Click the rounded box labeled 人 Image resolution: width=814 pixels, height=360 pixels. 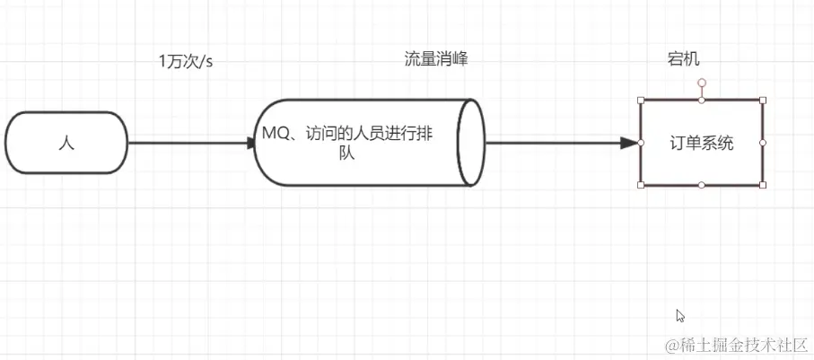66,142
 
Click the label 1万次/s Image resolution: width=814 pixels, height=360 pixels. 186,61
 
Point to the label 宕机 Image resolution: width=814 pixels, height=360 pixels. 683,59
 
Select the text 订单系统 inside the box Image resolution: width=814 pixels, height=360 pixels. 701,143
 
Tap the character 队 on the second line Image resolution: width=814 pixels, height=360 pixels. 347,154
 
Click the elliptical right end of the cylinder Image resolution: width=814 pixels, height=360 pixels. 470,142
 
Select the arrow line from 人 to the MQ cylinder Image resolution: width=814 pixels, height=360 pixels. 188,142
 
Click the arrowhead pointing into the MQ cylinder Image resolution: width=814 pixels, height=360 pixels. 252,142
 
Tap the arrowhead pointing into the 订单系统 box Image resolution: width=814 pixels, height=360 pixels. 629,142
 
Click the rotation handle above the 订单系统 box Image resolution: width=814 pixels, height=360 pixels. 702,83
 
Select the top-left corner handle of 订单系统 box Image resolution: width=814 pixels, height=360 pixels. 641,100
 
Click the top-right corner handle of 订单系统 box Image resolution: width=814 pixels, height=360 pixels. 762,100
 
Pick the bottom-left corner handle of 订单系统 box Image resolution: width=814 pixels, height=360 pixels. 641,185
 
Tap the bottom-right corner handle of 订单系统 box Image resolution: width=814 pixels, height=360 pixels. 762,185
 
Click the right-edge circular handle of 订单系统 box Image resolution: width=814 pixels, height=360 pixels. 762,142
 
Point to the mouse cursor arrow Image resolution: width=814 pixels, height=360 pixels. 679,315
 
